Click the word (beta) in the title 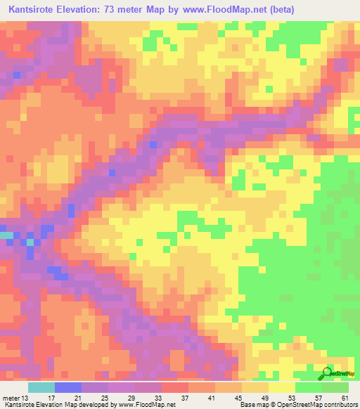click(x=276, y=10)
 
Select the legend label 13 click(x=27, y=398)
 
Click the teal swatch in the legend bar click(x=41, y=387)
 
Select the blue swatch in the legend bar click(x=67, y=387)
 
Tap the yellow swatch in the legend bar click(x=281, y=387)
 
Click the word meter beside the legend click(x=11, y=398)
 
